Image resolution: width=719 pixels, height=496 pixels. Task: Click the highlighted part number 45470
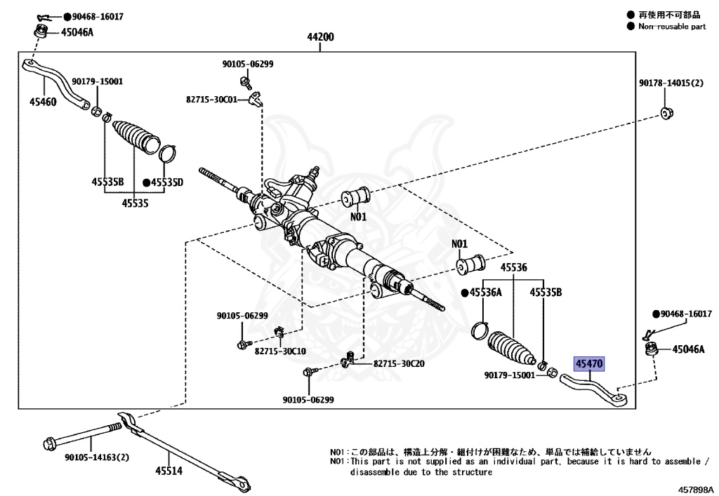[589, 364]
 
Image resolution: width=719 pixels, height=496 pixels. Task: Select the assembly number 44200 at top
[320, 37]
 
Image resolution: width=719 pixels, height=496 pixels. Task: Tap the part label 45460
[44, 101]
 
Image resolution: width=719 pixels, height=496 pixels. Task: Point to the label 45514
[169, 471]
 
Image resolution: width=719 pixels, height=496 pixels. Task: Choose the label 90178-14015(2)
[671, 83]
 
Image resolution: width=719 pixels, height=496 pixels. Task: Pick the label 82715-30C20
[399, 364]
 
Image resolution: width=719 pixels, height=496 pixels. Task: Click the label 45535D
[166, 182]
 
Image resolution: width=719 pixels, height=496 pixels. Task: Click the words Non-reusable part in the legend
[672, 27]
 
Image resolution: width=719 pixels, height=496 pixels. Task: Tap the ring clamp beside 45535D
[168, 152]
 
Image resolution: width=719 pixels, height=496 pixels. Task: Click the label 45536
[514, 267]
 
